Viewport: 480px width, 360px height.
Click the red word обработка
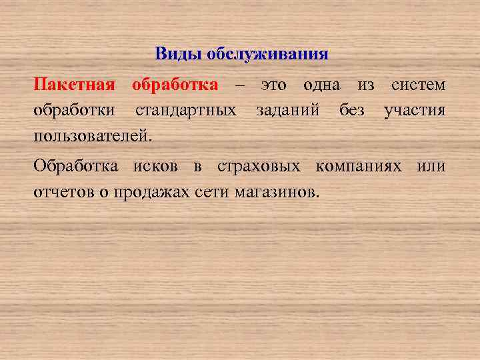[x=175, y=85]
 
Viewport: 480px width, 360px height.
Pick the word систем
[x=419, y=85]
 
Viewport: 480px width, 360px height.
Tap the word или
[x=431, y=166]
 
